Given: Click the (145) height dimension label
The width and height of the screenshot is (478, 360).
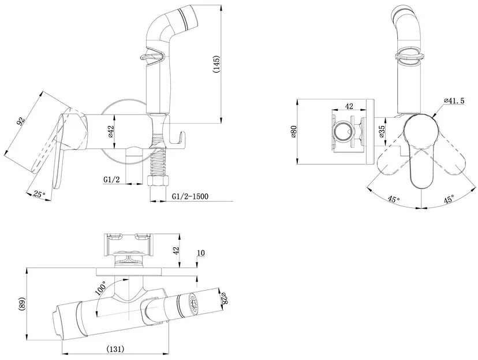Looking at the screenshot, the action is click(216, 64).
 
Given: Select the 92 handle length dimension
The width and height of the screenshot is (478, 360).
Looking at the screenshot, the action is click(20, 121).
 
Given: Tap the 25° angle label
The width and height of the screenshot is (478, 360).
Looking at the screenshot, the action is click(39, 194).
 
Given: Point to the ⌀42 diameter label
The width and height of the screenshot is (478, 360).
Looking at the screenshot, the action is click(111, 132).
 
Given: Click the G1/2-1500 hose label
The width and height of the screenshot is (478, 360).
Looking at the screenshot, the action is click(191, 196).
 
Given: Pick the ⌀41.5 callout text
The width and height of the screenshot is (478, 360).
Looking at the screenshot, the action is click(454, 101).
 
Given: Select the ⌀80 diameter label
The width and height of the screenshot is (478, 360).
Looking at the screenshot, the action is click(294, 132).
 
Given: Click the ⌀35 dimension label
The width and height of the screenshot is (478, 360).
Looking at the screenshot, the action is click(382, 132).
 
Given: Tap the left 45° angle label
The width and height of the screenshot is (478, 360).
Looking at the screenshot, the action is click(394, 199).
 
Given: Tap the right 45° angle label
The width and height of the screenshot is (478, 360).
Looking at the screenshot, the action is click(449, 200).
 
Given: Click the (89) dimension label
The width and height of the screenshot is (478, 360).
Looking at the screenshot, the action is click(23, 304).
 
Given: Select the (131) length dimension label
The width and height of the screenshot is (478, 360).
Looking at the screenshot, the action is click(115, 348).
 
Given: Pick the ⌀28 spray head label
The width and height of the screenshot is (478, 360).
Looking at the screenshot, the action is click(224, 298).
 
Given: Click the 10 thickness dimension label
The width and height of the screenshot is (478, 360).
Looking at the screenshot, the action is click(201, 253).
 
